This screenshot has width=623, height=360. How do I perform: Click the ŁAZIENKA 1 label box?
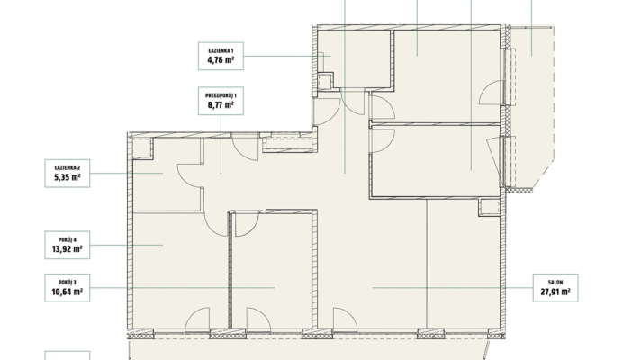point(221,56)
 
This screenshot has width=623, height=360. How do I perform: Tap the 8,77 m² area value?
point(221,105)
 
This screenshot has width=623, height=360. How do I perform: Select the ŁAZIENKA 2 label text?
point(68,167)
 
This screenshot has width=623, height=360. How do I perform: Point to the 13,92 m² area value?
point(68,249)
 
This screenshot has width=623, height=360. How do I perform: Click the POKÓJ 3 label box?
point(68,288)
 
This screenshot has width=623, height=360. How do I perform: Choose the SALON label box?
point(555,288)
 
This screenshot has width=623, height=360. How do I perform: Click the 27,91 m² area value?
point(555,292)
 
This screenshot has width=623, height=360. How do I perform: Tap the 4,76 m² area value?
point(221,60)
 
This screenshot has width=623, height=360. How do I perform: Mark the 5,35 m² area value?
point(68,177)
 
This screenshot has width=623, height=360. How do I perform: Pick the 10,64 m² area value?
point(68,292)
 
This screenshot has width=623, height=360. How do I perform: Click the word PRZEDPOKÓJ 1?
point(221,95)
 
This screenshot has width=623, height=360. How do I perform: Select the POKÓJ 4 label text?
point(68,239)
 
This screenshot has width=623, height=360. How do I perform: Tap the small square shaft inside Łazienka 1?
point(325,81)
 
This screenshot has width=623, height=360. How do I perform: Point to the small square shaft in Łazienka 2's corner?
point(142,148)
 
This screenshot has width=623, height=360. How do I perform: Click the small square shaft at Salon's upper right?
point(489,207)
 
